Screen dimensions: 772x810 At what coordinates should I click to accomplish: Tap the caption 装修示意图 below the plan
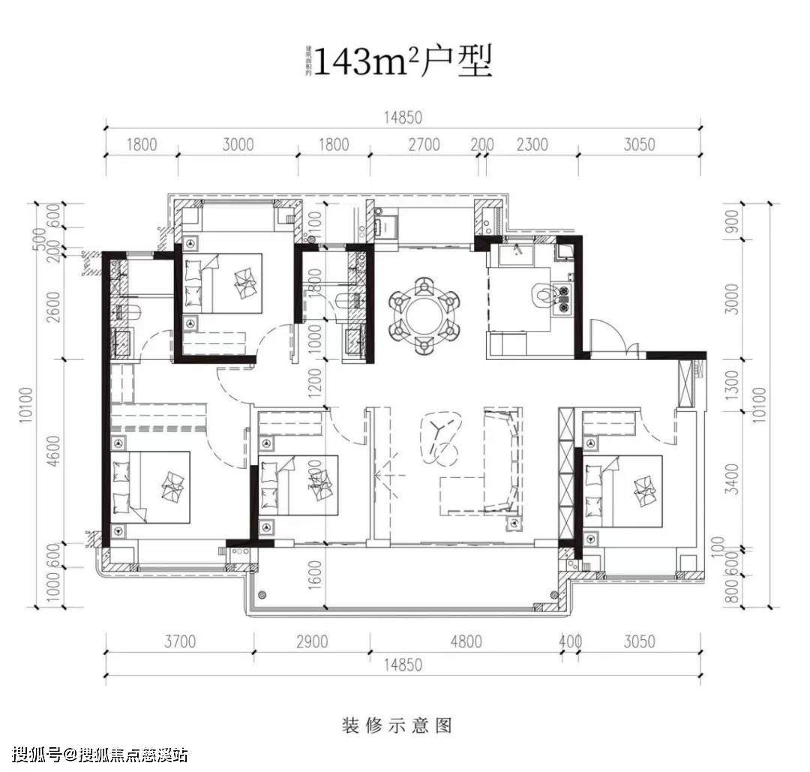point(397,725)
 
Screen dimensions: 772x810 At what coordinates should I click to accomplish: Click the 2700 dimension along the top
point(424,145)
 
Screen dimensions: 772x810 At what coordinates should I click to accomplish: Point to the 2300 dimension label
point(532,145)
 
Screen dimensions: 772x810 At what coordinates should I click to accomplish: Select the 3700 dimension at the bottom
point(179,641)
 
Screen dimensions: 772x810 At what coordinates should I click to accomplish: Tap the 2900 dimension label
point(312,641)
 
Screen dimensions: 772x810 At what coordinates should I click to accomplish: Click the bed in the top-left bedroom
point(223,284)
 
